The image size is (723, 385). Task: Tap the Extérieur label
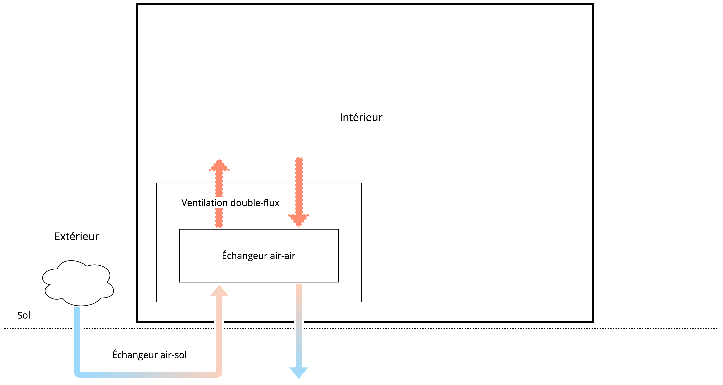[x=77, y=236]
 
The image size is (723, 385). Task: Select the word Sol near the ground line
[x=24, y=315]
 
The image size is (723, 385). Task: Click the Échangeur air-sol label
[x=149, y=355]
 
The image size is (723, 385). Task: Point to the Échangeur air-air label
[x=258, y=256]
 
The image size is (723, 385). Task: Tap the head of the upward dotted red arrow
[x=219, y=166]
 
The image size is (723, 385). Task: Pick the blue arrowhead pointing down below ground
[x=299, y=372]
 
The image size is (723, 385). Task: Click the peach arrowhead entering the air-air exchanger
[x=219, y=291]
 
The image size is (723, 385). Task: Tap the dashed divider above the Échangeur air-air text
[x=259, y=238]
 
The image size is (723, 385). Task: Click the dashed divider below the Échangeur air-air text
[x=259, y=273]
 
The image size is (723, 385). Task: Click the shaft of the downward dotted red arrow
[x=299, y=185]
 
